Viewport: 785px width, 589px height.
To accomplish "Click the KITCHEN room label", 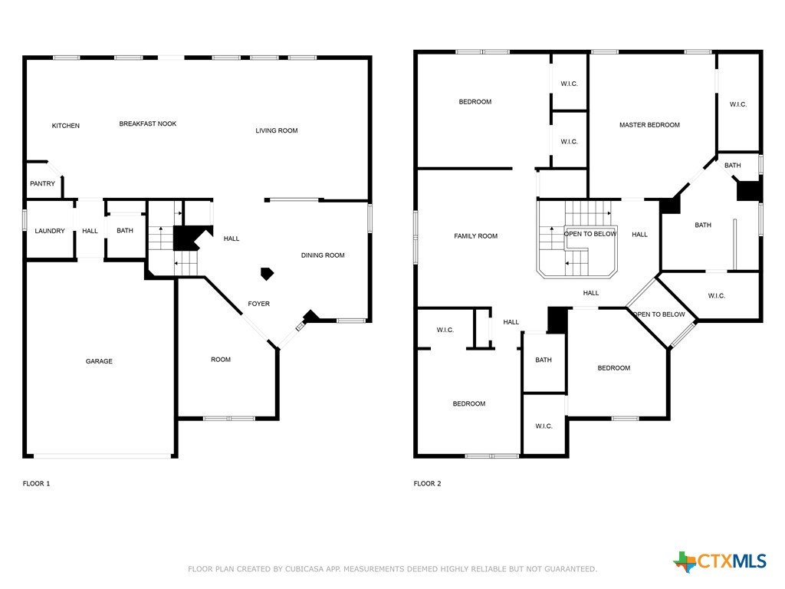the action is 66,126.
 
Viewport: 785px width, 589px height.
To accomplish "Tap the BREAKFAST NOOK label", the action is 148,123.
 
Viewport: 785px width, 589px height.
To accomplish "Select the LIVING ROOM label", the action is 276,130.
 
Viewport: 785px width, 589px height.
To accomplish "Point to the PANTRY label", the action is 43,184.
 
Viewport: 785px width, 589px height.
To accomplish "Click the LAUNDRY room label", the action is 50,231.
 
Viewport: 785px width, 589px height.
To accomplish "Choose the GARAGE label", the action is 99,361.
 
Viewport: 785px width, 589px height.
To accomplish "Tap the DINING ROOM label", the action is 323,255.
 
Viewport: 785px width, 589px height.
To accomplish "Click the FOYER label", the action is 259,304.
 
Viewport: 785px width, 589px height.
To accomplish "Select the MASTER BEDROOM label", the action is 649,125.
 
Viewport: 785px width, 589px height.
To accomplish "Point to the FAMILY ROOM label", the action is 475,236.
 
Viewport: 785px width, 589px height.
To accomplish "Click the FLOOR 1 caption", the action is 36,484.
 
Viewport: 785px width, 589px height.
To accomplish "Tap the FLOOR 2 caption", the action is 427,484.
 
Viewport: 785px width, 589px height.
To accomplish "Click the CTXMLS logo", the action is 720,561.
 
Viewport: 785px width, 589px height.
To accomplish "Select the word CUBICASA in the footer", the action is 304,569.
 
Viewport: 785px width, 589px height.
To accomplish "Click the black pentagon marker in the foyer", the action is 268,274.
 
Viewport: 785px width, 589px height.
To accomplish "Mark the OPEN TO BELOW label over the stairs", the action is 590,234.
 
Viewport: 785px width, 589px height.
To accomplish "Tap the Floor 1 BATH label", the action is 125,231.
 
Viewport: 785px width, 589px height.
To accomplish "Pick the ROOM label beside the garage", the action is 221,360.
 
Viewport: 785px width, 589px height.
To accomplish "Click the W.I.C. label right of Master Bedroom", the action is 738,104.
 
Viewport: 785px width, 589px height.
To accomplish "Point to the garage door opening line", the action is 103,456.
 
